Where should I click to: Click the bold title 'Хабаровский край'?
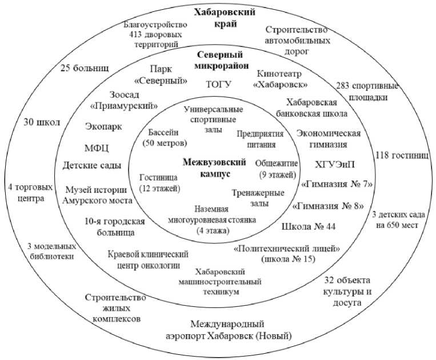tap(223, 19)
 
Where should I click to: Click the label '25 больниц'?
tap(85, 69)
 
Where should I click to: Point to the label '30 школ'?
tap(42, 121)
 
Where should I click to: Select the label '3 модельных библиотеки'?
tap(51, 252)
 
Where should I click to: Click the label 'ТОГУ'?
tap(218, 85)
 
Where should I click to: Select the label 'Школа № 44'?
tap(309, 226)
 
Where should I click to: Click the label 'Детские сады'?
tap(92, 166)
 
